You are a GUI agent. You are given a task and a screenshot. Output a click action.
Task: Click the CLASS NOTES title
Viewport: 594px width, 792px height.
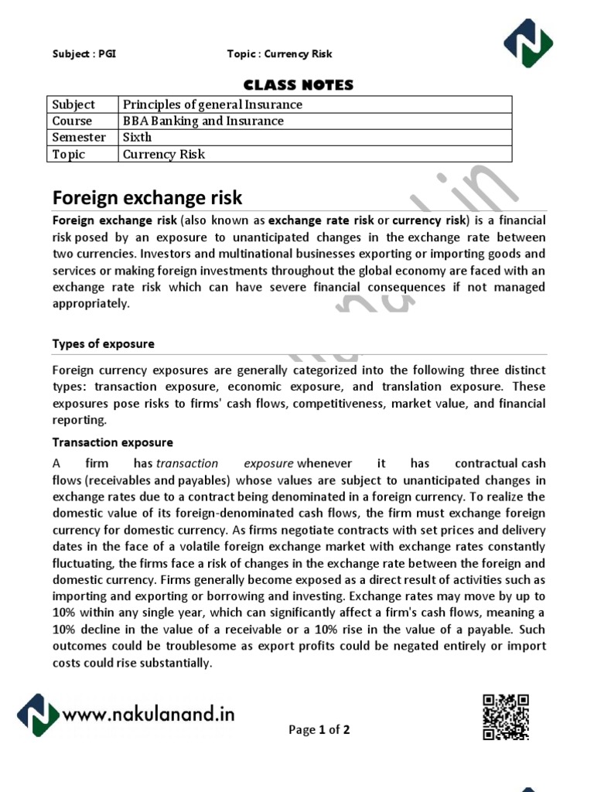click(x=299, y=85)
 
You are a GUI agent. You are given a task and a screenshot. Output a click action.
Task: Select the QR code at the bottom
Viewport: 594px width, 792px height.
click(x=506, y=717)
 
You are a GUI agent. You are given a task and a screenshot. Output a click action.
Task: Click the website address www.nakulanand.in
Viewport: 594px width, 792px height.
click(x=148, y=715)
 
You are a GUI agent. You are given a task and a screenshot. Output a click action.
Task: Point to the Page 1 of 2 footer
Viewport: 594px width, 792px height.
click(x=319, y=729)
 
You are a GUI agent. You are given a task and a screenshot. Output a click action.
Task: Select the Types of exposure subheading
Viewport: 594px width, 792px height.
click(x=103, y=343)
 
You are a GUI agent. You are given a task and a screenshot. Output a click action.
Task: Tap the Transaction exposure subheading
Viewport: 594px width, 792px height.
click(x=113, y=442)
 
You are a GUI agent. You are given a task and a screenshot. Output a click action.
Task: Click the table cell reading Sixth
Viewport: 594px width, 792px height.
click(x=138, y=137)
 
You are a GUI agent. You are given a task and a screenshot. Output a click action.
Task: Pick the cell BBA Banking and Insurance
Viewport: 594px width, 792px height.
click(x=203, y=121)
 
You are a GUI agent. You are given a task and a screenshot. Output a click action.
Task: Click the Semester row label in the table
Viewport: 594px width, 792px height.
click(x=79, y=137)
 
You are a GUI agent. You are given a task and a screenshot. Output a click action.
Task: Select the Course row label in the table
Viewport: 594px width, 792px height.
click(x=72, y=121)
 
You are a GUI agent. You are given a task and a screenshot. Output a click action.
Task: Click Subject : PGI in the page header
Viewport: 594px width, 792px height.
click(x=84, y=54)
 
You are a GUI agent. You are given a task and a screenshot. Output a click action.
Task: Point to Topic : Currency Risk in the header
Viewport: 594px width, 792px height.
click(x=279, y=54)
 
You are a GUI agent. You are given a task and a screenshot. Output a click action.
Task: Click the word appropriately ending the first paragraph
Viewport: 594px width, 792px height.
click(x=91, y=304)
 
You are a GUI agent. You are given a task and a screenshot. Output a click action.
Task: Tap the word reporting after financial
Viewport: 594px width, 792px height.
click(x=79, y=420)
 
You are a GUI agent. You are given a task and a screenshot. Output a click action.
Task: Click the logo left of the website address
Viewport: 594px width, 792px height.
click(x=38, y=715)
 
